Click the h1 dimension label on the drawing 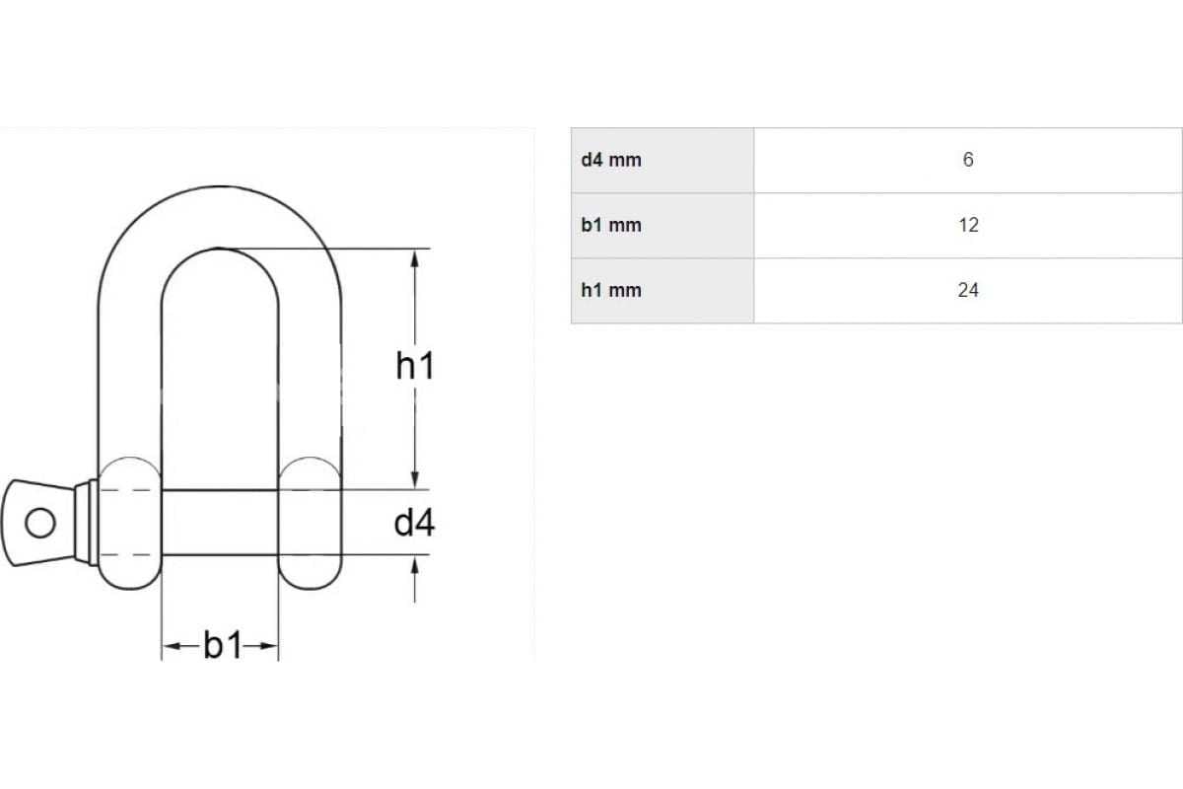415,366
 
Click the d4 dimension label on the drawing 415,523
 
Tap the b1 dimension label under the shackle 223,645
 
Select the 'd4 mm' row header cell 662,160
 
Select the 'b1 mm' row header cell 662,225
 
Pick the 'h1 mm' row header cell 662,290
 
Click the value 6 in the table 967,159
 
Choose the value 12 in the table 968,225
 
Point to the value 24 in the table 968,290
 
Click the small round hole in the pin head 40,523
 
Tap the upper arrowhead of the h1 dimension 415,258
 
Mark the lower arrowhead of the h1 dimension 415,479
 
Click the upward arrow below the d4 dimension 415,580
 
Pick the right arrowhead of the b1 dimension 268,646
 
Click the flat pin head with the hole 38,523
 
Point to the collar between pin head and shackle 87,523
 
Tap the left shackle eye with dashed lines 130,523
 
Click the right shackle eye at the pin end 310,523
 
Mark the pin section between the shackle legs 220,523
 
